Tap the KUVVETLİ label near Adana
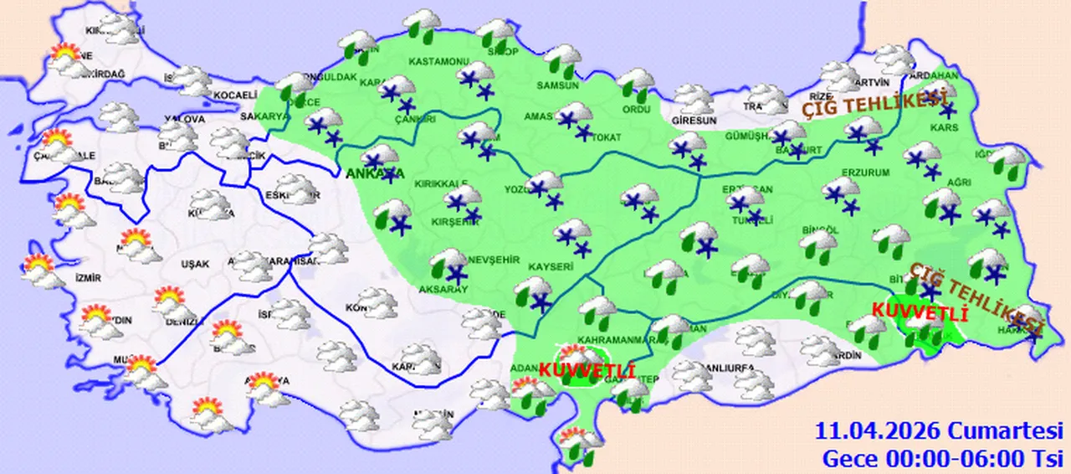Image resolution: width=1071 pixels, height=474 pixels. click(587, 369)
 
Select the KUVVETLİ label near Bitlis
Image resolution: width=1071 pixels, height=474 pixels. click(920, 312)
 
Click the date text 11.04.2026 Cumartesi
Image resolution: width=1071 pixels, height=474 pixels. click(940, 432)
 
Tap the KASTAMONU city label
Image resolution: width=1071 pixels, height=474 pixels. click(437, 62)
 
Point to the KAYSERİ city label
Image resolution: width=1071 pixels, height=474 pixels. click(549, 267)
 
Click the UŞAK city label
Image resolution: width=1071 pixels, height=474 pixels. click(195, 264)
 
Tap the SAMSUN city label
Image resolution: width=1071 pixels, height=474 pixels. click(559, 85)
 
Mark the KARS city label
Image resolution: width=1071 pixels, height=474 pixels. click(947, 128)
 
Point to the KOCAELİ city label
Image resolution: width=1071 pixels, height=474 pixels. click(234, 95)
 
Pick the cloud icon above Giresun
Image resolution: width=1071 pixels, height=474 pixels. click(694, 98)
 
